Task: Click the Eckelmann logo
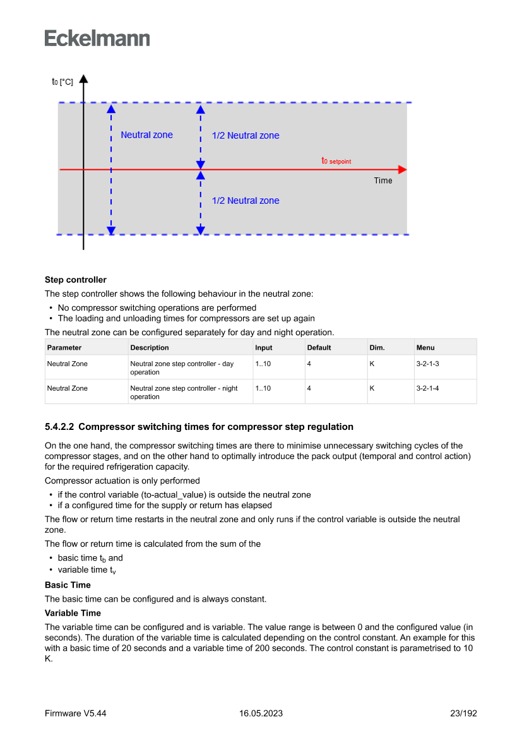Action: [97, 38]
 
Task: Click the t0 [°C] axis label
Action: [62, 82]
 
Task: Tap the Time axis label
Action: [383, 181]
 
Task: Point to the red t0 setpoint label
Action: [336, 161]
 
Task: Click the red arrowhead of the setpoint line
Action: [403, 170]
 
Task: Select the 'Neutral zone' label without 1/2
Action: [146, 134]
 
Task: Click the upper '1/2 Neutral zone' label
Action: [246, 135]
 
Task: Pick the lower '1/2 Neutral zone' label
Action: [246, 201]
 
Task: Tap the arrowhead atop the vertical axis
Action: [83, 79]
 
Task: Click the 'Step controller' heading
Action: [76, 280]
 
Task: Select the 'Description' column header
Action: [150, 347]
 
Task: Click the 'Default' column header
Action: [319, 347]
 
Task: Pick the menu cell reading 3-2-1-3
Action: [427, 364]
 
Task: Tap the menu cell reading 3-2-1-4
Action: [427, 388]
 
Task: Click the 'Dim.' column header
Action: [377, 347]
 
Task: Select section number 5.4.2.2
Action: [59, 427]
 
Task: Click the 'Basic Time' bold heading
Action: [68, 585]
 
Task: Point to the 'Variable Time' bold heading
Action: [73, 613]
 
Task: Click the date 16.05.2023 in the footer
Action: [261, 713]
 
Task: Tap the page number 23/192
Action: [463, 713]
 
